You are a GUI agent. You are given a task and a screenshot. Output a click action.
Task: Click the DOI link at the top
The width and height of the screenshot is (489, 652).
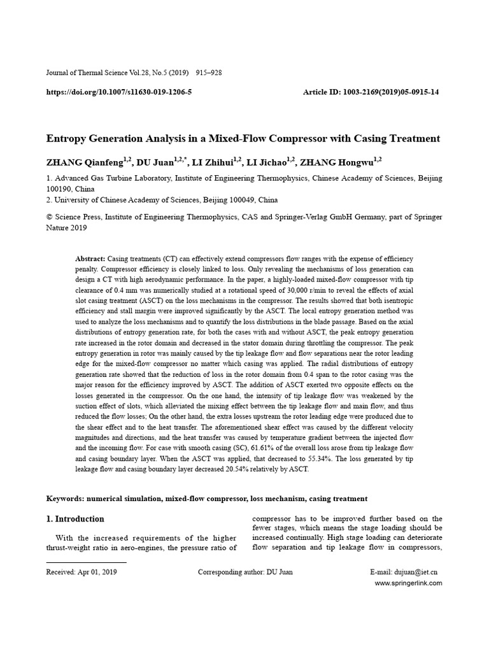[119, 92]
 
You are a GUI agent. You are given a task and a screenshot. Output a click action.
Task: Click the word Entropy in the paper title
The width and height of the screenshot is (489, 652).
[69, 138]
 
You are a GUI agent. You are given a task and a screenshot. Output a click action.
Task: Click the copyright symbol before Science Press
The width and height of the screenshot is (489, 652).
[49, 217]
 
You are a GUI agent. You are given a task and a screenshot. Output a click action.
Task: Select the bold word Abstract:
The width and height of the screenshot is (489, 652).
[91, 259]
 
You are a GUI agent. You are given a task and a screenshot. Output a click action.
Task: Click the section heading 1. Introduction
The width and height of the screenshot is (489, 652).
[75, 519]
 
